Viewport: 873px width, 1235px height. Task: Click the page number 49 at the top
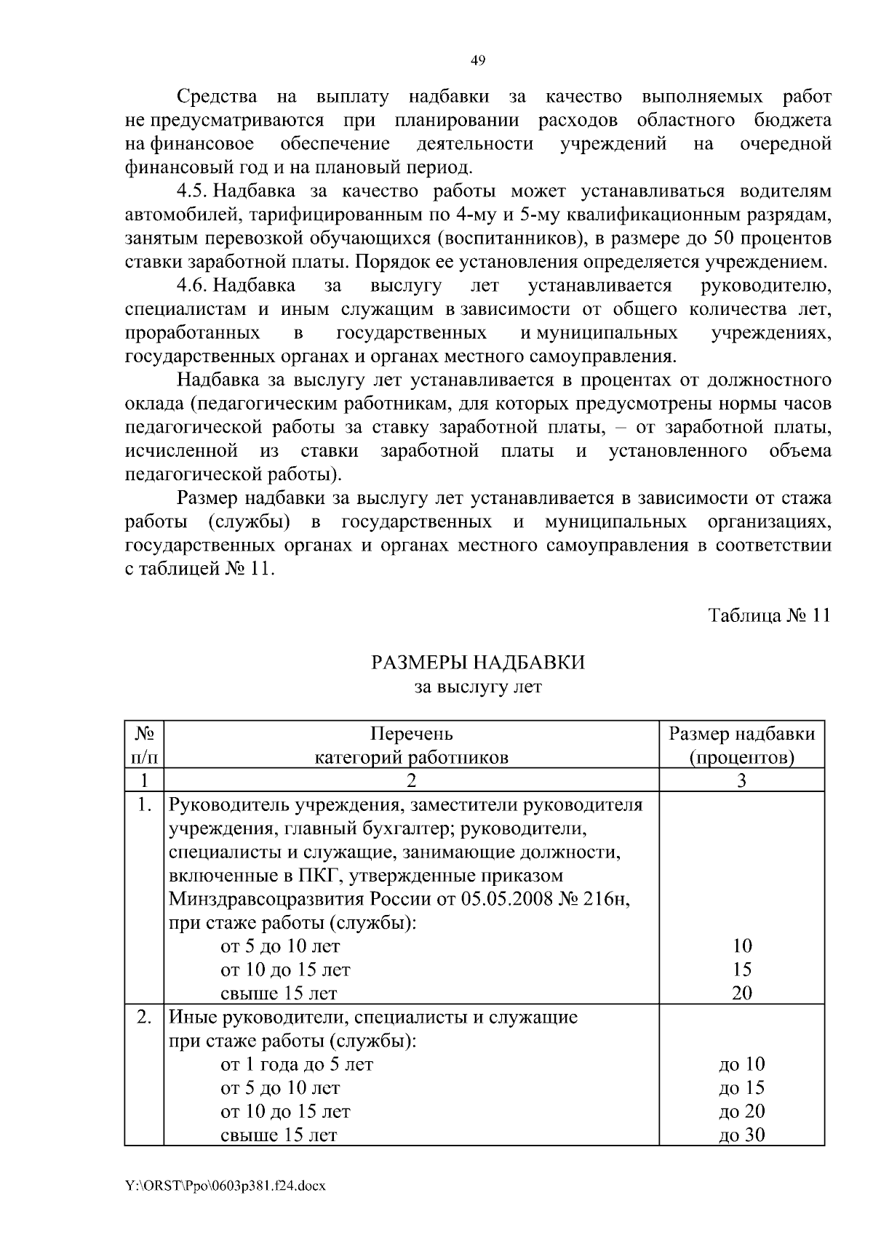click(478, 60)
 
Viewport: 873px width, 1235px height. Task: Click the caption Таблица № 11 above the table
click(769, 615)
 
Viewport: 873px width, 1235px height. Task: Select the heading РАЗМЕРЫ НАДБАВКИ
click(478, 663)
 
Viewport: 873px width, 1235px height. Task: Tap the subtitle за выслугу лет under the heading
click(478, 686)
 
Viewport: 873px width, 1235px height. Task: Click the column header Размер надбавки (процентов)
click(741, 745)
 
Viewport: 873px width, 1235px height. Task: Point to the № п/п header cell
click(144, 745)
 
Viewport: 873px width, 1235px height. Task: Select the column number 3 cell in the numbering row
click(741, 780)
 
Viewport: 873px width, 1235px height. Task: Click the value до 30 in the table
click(741, 1135)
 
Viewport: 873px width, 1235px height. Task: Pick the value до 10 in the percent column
click(741, 1064)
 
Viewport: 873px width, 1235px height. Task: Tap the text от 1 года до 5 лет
click(297, 1064)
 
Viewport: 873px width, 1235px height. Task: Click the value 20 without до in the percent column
click(741, 993)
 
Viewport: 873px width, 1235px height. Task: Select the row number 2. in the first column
click(144, 1017)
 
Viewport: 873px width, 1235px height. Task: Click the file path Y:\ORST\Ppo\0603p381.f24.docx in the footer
click(225, 1186)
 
